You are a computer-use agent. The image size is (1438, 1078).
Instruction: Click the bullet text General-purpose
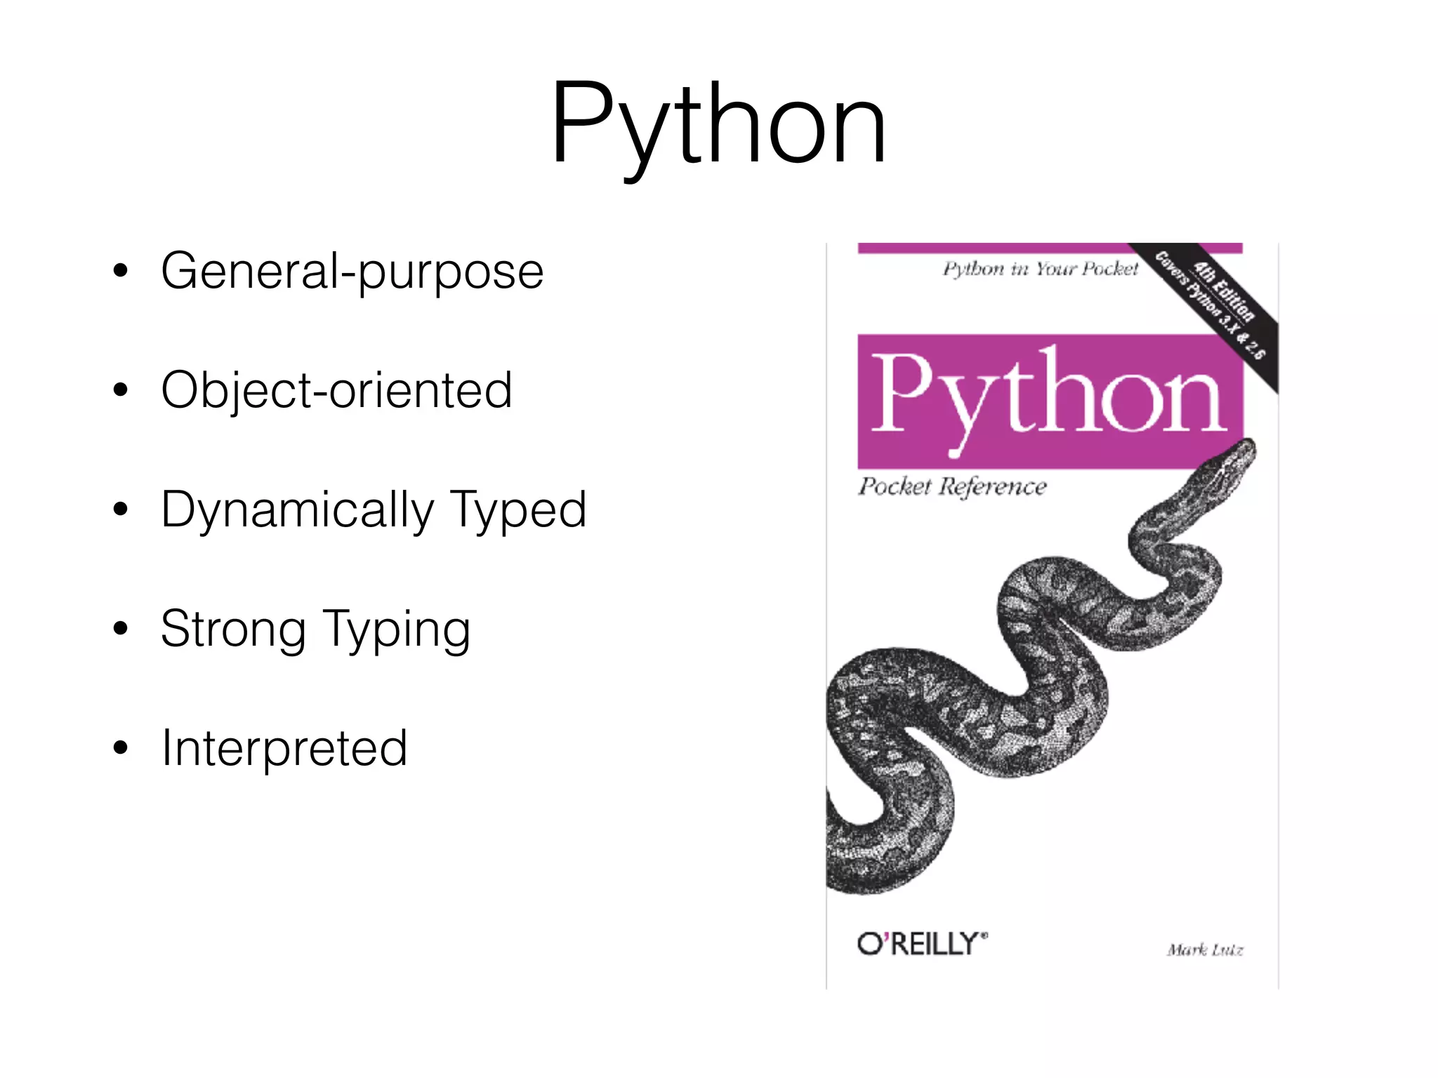pos(352,271)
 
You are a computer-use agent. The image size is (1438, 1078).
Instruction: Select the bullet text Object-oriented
pos(336,390)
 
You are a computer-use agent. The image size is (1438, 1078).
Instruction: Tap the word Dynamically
pos(298,510)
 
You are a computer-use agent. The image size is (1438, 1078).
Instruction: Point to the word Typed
pos(517,510)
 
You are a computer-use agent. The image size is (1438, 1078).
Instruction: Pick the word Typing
pos(396,629)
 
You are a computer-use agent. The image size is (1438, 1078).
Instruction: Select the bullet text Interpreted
pos(284,748)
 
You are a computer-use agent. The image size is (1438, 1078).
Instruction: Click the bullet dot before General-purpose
pos(121,271)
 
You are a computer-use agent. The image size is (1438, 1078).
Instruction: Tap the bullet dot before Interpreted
pos(121,748)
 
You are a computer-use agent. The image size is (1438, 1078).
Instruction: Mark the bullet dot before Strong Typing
pos(121,629)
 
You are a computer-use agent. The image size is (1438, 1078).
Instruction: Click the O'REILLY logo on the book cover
pos(921,944)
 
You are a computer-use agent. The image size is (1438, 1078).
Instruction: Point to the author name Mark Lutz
pos(1205,950)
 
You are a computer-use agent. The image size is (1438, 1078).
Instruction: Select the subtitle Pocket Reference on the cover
pos(952,486)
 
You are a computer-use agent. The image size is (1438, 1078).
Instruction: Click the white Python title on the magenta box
pos(1049,397)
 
